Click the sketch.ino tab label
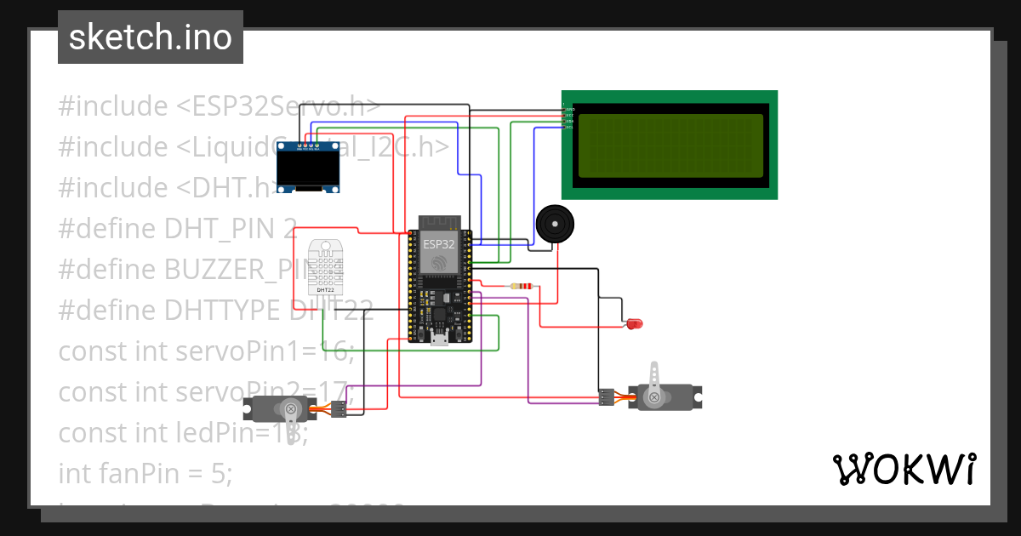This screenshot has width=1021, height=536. pos(151,37)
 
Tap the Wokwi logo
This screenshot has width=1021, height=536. pos(904,469)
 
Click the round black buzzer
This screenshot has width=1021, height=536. pos(555,225)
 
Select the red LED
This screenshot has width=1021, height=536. pos(635,323)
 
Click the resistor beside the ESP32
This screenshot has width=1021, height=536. pos(521,287)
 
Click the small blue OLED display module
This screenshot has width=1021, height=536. pos(311,168)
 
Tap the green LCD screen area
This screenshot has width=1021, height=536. pos(670,145)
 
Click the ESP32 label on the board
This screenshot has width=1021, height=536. pos(439,243)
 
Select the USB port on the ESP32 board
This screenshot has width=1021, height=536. pos(439,339)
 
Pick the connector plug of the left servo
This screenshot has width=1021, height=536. pos(338,409)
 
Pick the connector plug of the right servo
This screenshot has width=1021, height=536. pos(606,396)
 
